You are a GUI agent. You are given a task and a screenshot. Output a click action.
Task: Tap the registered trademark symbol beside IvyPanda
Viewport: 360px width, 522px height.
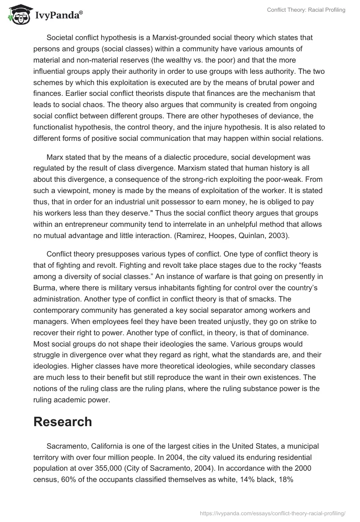pyautogui.click(x=81, y=13)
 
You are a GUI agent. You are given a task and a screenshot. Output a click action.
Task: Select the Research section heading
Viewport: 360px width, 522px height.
pyautogui.click(x=63, y=421)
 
